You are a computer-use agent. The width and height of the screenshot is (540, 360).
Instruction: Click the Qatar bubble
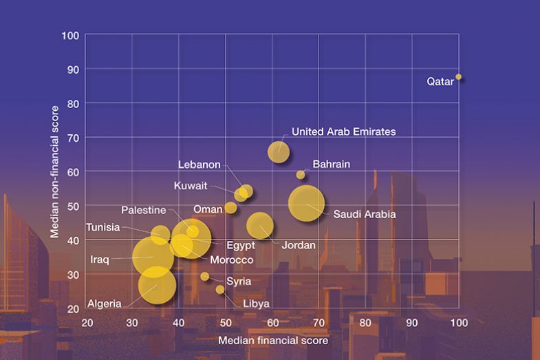pyautogui.click(x=458, y=77)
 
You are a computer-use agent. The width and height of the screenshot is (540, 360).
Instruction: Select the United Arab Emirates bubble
pyautogui.click(x=279, y=151)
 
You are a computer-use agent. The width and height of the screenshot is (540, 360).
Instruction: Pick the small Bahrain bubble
pyautogui.click(x=301, y=174)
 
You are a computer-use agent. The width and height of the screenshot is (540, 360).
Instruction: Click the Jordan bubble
pyautogui.click(x=260, y=224)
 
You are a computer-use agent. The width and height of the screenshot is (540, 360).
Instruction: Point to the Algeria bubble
pyautogui.click(x=158, y=285)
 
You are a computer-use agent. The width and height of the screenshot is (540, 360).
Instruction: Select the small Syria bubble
pyautogui.click(x=205, y=276)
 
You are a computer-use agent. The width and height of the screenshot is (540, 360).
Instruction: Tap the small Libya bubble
pyautogui.click(x=220, y=289)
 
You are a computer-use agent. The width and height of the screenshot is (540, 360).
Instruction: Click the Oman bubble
pyautogui.click(x=230, y=208)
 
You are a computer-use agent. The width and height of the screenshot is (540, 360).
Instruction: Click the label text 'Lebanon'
pyautogui.click(x=199, y=165)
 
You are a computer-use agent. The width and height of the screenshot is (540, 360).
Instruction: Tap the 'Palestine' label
pyautogui.click(x=144, y=210)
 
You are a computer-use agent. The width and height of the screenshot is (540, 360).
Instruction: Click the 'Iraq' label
pyautogui.click(x=100, y=260)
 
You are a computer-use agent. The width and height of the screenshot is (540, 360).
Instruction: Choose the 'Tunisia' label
pyautogui.click(x=103, y=228)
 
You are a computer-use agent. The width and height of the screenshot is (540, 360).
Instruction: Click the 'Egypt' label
pyautogui.click(x=241, y=245)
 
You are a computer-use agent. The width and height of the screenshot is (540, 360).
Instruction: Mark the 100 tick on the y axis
pyautogui.click(x=71, y=35)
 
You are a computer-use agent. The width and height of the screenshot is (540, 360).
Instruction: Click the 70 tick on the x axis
pyautogui.click(x=318, y=323)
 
